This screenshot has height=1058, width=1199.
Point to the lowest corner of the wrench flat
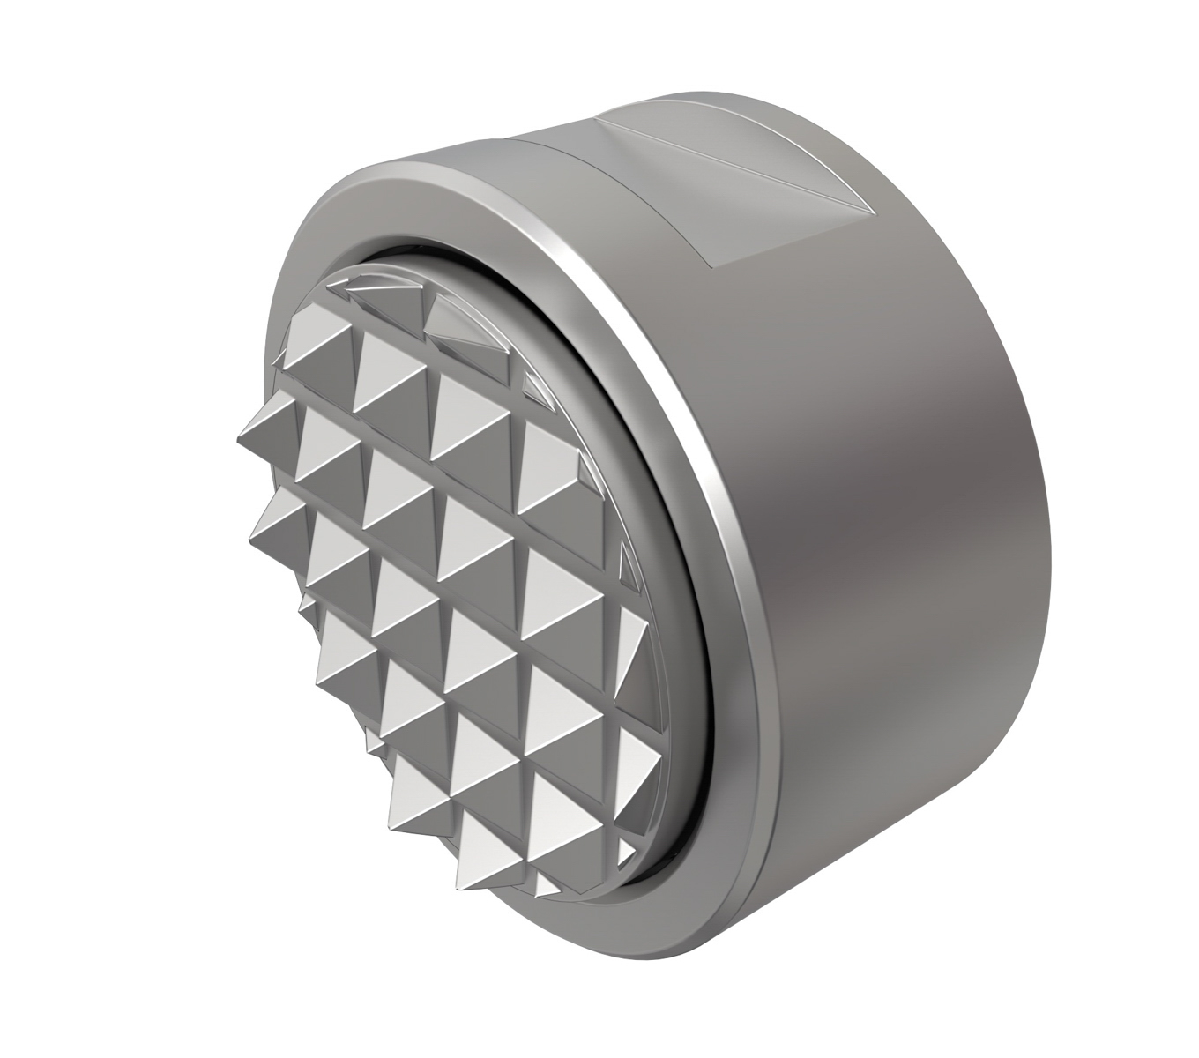pyautogui.click(x=715, y=265)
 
